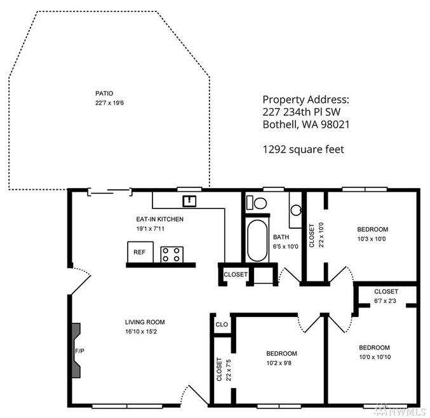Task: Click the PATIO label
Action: coord(104,93)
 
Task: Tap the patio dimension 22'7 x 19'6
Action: coord(109,103)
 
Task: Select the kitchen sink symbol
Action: coord(189,201)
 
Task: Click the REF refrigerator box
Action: coord(140,252)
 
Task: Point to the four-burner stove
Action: coord(172,255)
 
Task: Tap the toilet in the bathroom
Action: coord(257,203)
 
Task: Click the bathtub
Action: coord(257,241)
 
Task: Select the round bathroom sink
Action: coord(296,210)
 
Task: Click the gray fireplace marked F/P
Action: coord(76,350)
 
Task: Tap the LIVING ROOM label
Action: coord(145,322)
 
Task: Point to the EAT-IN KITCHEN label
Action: coord(159,219)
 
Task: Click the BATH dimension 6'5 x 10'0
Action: coord(285,246)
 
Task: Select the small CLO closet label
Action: coord(222,325)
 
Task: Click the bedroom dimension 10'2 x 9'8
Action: coord(279,363)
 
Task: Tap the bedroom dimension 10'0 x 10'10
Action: coord(375,357)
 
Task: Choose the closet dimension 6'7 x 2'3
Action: coord(385,301)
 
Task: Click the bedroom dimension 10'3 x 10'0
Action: coord(372,239)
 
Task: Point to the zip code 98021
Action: coord(335,125)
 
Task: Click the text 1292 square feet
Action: coord(304,149)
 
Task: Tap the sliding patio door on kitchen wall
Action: coord(110,192)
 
